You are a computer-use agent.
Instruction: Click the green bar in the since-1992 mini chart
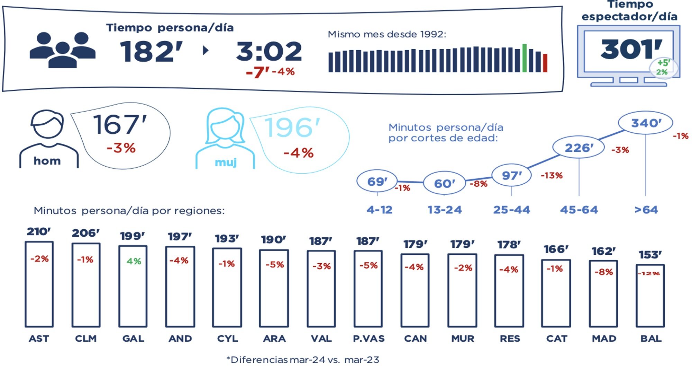(x=524, y=58)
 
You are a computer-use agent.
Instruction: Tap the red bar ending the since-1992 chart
(x=545, y=63)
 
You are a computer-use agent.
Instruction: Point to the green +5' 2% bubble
(x=663, y=68)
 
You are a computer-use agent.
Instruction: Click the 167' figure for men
(x=120, y=125)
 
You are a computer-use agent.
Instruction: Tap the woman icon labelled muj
(x=225, y=139)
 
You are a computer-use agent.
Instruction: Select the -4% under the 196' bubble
(x=298, y=153)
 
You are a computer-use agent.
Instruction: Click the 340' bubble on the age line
(x=646, y=123)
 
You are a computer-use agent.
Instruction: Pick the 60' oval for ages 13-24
(x=444, y=183)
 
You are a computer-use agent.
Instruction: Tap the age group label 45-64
(x=579, y=210)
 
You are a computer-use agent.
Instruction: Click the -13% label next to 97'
(x=552, y=175)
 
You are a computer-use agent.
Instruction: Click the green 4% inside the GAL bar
(x=134, y=261)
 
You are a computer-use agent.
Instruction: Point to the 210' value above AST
(x=39, y=231)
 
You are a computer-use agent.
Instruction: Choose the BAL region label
(x=651, y=339)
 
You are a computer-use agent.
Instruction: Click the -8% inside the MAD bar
(x=603, y=272)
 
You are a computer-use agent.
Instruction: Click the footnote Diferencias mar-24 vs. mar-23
(x=303, y=360)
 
